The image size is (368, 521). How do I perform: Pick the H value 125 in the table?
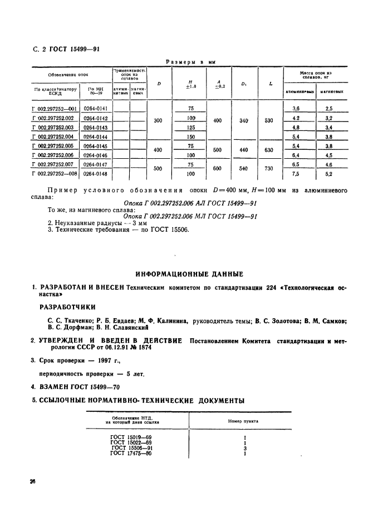[x=191, y=127]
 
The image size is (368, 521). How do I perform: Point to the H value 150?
[x=191, y=137]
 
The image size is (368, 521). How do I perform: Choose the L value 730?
[x=269, y=169]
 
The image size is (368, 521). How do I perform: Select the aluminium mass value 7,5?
[x=296, y=174]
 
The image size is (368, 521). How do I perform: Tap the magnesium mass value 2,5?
[x=329, y=109]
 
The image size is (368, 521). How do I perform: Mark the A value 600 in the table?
[x=217, y=169]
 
